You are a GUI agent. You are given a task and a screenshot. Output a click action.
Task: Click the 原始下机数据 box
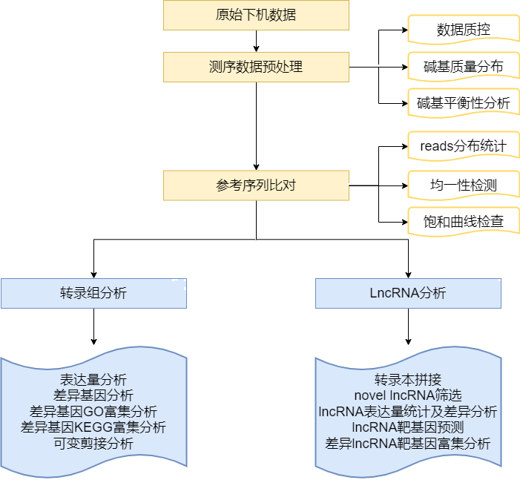coord(256,16)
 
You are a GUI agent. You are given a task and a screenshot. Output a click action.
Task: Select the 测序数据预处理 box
coord(256,67)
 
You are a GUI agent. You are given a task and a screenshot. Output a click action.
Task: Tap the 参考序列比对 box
coord(256,185)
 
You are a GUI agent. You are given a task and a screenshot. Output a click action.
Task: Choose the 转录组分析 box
coord(93,293)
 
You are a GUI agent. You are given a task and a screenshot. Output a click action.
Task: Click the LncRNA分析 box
coord(407,293)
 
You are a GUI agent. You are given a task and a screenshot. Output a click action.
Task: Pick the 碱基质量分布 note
coord(463,67)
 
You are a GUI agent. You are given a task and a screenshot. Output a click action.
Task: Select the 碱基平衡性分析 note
coord(463,103)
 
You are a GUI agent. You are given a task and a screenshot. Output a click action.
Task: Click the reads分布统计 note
coord(463,146)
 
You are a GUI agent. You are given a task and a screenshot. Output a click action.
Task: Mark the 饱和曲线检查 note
coord(463,221)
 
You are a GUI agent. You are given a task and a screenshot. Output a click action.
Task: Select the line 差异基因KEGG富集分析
coord(93,427)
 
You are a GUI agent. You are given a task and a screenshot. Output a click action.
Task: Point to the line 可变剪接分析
coord(93,444)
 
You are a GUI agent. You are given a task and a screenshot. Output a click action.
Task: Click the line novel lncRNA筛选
coord(407,395)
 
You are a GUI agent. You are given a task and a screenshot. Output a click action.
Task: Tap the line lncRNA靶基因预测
coord(407,427)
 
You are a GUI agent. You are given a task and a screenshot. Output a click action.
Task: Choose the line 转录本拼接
coord(407,378)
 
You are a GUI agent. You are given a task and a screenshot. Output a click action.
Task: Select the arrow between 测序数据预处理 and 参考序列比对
coord(256,126)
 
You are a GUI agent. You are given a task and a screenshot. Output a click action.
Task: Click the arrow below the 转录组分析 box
coord(93,326)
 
